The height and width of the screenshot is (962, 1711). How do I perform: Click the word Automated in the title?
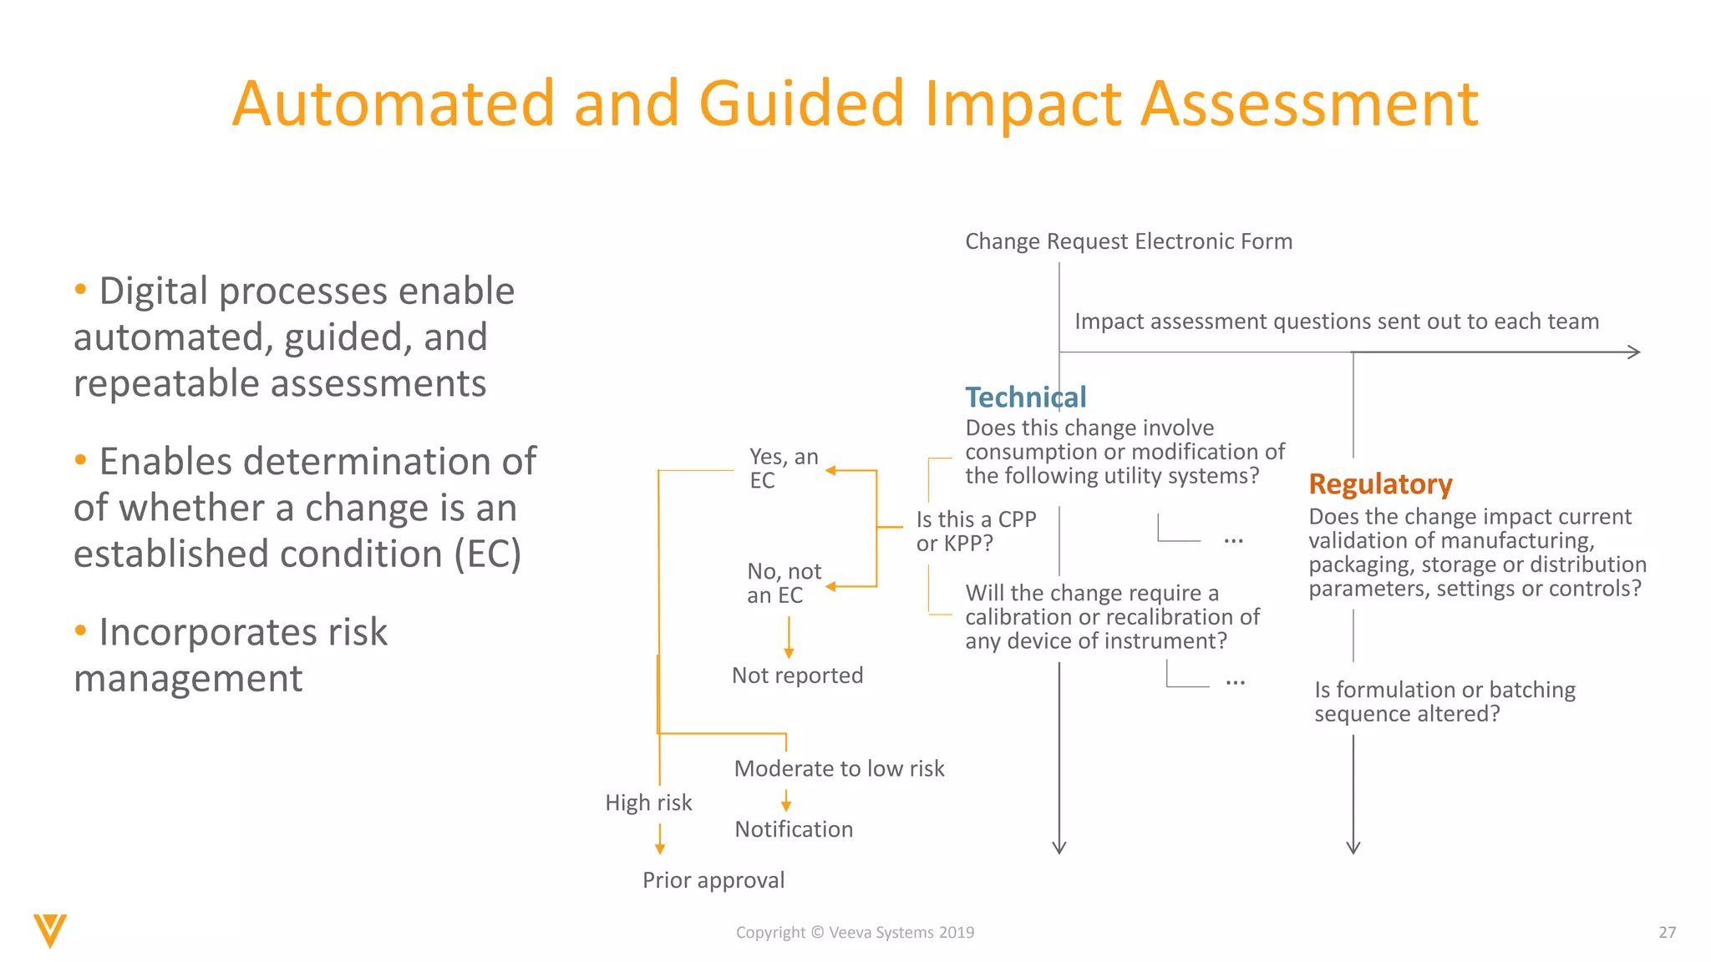(393, 104)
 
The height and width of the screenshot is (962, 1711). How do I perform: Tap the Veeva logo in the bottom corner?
(50, 930)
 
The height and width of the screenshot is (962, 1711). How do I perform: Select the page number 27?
(1667, 933)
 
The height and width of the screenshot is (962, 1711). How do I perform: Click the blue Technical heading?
(1025, 397)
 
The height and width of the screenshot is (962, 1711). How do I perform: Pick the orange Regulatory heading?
(1380, 484)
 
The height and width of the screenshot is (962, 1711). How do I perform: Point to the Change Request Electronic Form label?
(1128, 242)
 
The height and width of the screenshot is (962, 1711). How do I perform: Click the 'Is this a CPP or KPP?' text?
(975, 531)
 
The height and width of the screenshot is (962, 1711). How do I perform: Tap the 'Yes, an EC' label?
(783, 468)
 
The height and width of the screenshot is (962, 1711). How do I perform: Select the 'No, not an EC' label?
(783, 583)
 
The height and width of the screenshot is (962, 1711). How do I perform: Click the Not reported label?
(797, 676)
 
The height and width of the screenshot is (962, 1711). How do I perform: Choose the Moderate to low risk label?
(839, 769)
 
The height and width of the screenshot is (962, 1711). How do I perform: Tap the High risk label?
(648, 803)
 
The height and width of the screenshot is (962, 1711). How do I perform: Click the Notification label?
(794, 830)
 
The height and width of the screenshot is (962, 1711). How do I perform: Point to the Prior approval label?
(713, 881)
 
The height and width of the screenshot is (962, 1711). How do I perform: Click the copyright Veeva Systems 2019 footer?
(855, 933)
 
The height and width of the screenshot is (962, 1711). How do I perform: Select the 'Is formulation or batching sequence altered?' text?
(1444, 702)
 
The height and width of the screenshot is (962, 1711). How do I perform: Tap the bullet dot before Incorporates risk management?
(80, 630)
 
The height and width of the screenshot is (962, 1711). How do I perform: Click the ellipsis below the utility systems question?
(1233, 541)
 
